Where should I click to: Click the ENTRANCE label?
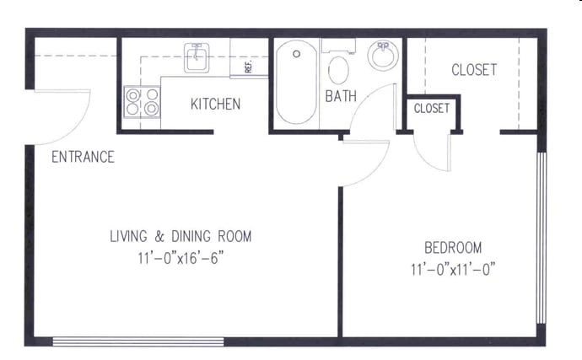point(83,157)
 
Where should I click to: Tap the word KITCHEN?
point(215,104)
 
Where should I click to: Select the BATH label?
point(341,96)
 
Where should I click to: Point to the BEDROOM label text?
point(453,248)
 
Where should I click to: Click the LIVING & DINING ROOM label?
point(181,236)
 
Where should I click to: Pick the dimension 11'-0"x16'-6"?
point(181,258)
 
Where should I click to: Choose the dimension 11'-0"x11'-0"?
point(453,269)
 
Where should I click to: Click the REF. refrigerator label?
point(249,66)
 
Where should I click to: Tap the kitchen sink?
point(197,57)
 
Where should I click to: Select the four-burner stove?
point(143,102)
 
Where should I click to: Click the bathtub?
point(297,82)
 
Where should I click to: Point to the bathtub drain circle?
point(297,54)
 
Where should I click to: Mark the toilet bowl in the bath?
point(338,70)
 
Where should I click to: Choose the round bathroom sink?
point(383,56)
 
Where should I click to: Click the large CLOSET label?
point(474,70)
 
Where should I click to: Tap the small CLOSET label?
point(432,109)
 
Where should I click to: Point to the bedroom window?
point(542,238)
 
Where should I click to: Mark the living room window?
point(138,341)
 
